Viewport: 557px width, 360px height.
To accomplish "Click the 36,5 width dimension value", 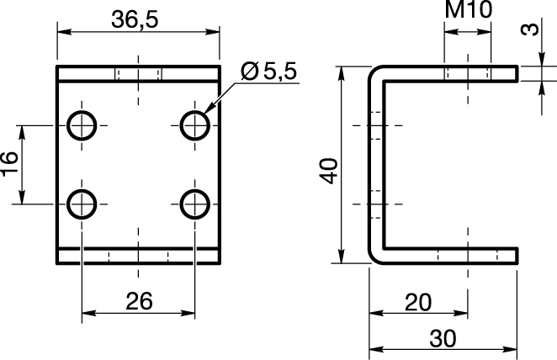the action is pos(135,19).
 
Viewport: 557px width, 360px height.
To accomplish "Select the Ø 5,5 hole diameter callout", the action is pos(268,71).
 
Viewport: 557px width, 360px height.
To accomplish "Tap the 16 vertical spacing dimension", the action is pos(9,162).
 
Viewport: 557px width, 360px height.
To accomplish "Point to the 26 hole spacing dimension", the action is pos(139,301).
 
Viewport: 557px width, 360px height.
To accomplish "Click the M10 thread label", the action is pos(468,9).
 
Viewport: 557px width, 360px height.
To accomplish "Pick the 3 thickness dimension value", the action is pos(530,29).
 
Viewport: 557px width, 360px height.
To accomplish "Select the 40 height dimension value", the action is pos(329,171).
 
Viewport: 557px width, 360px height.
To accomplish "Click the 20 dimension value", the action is pos(418,302).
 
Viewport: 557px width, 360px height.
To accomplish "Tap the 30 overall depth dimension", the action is pos(443,338).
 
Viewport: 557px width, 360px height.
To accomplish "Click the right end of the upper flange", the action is pos(517,74).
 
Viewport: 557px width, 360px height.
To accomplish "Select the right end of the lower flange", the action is pos(517,256).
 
